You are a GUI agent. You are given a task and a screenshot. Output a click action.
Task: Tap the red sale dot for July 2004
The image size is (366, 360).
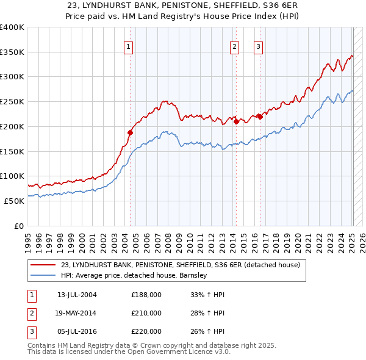click(130, 132)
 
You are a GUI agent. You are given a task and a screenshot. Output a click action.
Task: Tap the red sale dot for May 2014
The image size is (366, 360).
click(236, 121)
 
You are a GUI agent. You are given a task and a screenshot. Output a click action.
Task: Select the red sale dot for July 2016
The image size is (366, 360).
click(259, 117)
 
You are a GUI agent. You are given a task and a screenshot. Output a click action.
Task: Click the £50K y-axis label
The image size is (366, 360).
click(14, 201)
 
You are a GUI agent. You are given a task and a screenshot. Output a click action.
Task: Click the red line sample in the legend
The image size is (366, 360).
click(43, 265)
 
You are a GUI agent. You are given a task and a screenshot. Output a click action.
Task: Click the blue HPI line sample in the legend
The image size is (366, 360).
click(43, 276)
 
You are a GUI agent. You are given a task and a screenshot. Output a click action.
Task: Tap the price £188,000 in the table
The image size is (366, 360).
click(146, 295)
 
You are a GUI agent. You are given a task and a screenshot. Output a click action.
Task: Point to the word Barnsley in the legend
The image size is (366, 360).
click(193, 276)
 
